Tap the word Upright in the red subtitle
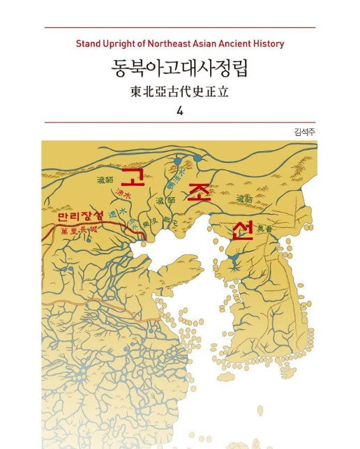[119, 43]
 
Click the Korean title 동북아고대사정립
[180, 69]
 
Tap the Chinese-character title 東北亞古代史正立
[180, 91]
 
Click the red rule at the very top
[180, 27]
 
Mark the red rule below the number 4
[180, 122]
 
